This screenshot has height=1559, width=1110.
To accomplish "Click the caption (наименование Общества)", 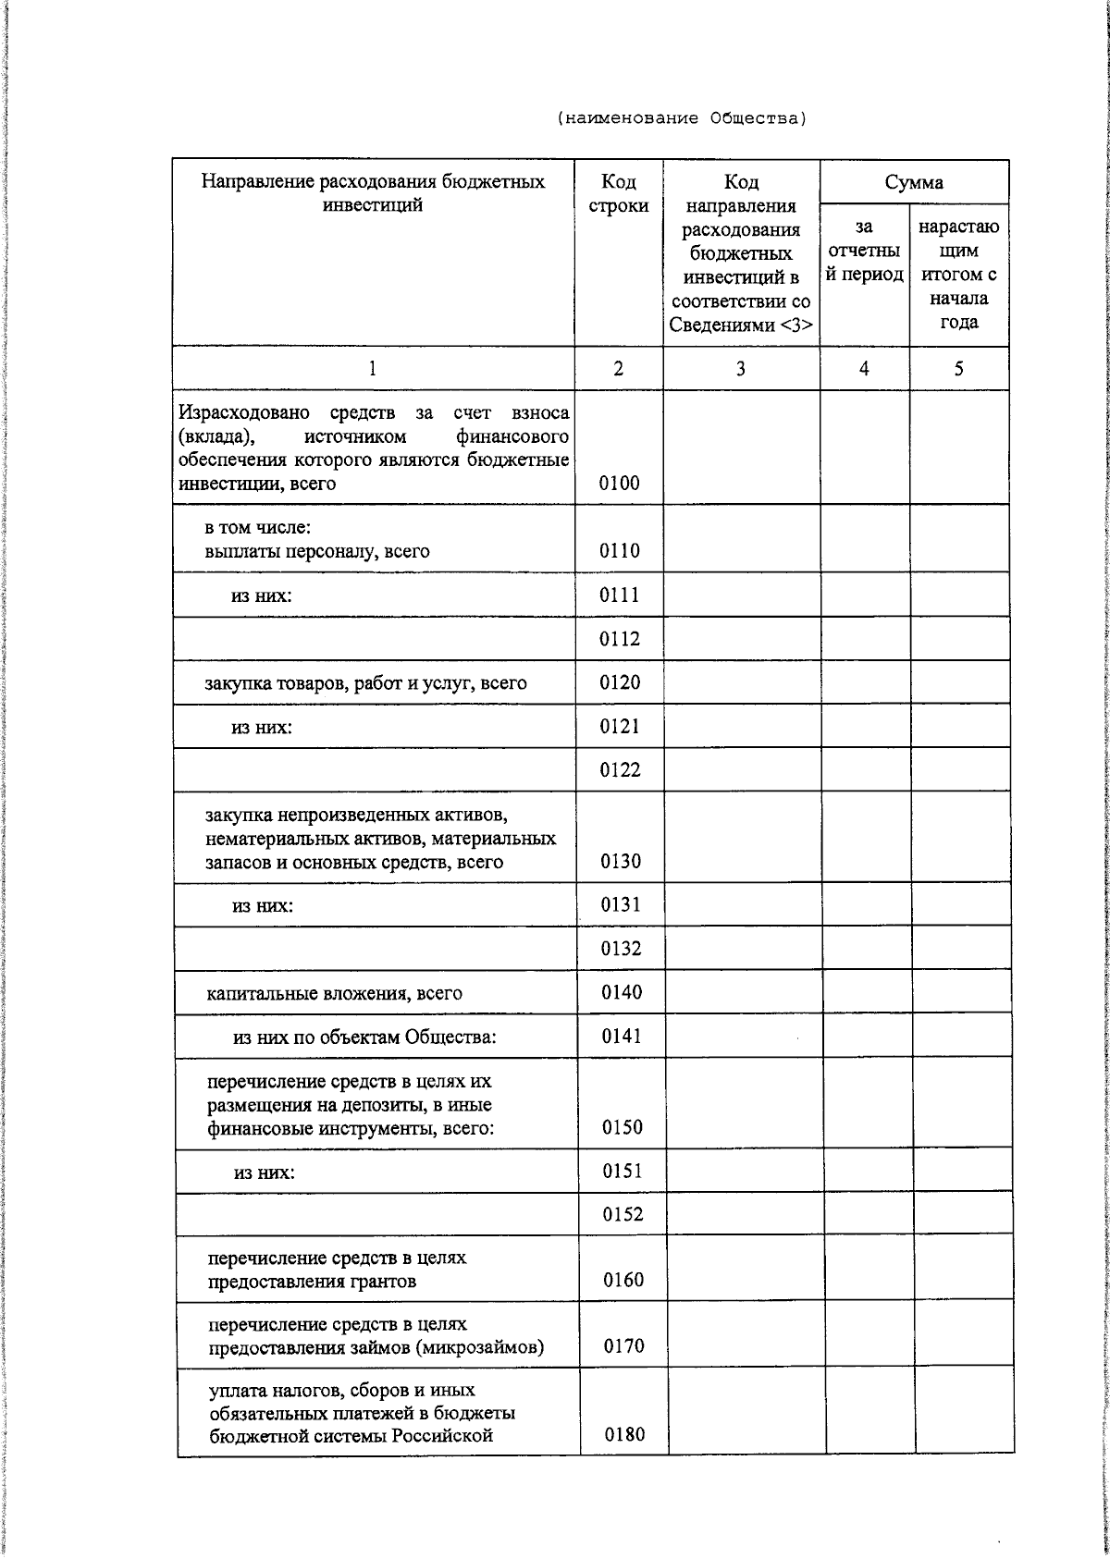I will coord(682,118).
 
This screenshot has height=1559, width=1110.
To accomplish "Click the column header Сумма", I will coord(914,181).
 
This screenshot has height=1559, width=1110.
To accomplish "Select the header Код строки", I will coord(618,193).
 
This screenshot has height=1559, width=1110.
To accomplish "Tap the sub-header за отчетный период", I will coord(864,251).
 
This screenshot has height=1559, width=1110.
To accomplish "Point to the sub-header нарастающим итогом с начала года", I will coord(958,275).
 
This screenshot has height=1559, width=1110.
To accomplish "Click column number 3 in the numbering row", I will coord(741,369).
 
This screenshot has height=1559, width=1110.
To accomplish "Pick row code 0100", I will coord(619,483).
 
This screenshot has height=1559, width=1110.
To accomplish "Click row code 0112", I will coord(620,639).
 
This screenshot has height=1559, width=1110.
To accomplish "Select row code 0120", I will coord(620,682).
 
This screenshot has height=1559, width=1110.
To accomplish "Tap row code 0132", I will coord(621,949).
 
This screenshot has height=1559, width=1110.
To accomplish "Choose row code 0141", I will coord(622,1037).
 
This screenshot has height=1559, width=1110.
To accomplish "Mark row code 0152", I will coord(623,1214).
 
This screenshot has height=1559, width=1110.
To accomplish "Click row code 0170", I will coord(623,1346).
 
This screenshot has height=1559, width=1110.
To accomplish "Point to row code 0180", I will coord(624,1434).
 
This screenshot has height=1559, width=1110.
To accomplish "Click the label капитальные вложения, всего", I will coord(334,994).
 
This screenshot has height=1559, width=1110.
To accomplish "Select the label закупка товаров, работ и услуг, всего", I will coord(365,683).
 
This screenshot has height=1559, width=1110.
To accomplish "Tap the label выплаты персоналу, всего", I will coord(317,551).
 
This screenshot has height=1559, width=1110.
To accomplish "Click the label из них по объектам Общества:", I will coord(364,1037).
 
